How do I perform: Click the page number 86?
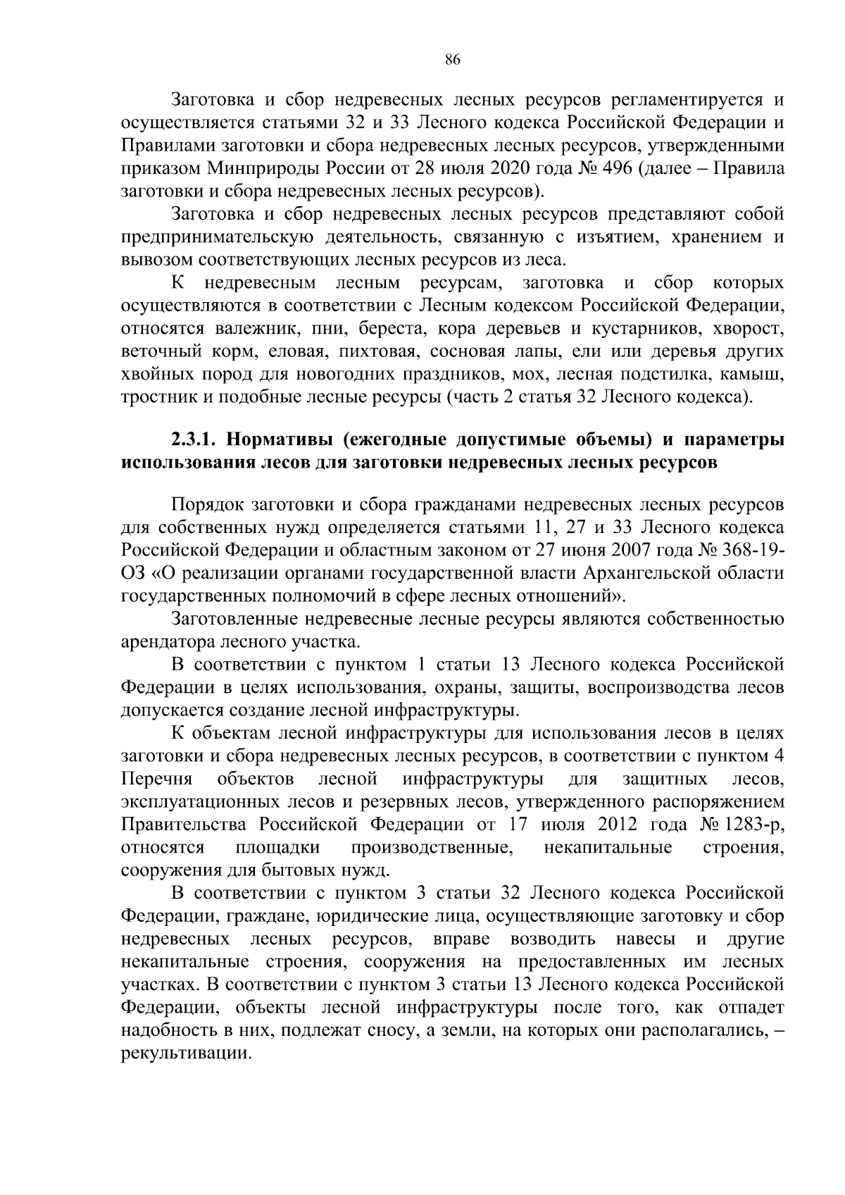[x=452, y=60]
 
